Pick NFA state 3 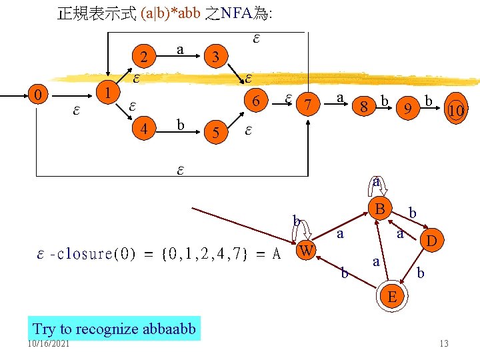click(215, 56)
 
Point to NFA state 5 click(215, 131)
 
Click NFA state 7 click(307, 105)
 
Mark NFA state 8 click(364, 106)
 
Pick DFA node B click(379, 209)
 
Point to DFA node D click(431, 239)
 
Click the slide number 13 click(443, 343)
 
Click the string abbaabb click(169, 329)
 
